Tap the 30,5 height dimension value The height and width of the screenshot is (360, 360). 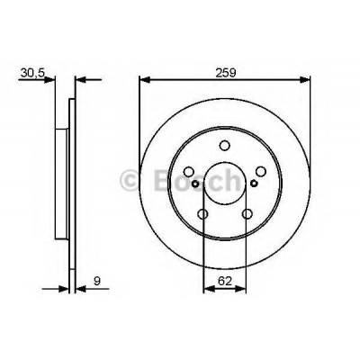(32, 73)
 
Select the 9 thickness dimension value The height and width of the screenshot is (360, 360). (97, 281)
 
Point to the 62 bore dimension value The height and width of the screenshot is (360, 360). (225, 281)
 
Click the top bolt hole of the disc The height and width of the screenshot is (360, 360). (224, 146)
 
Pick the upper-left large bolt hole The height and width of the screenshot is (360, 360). (189, 172)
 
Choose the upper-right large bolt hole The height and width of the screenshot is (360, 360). (261, 171)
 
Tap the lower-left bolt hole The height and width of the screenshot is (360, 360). (203, 214)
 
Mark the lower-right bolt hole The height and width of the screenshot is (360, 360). (247, 214)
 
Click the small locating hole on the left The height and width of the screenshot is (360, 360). (195, 184)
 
